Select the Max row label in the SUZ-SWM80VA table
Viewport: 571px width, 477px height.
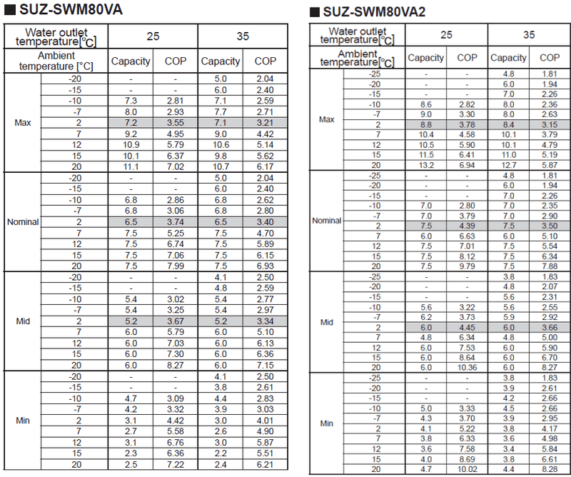coord(23,123)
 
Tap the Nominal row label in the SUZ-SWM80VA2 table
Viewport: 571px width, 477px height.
coord(327,221)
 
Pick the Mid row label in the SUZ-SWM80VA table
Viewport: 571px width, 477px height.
coord(23,321)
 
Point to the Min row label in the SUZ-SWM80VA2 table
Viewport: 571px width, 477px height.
coord(327,423)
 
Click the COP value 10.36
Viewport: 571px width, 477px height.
coord(468,368)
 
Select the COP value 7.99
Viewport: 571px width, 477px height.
coord(175,266)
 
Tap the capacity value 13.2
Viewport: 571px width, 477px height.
coord(426,164)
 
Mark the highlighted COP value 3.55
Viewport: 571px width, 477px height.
coord(175,123)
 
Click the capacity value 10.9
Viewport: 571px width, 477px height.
coord(131,144)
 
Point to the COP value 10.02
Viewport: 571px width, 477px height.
coord(468,469)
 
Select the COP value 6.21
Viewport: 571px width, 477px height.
coord(265,465)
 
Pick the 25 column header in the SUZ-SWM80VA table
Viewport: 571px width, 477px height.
coord(153,36)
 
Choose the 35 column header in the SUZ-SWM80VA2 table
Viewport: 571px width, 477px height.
coord(528,34)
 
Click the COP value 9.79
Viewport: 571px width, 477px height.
coord(468,266)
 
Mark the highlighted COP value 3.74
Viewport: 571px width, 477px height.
coord(175,222)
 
